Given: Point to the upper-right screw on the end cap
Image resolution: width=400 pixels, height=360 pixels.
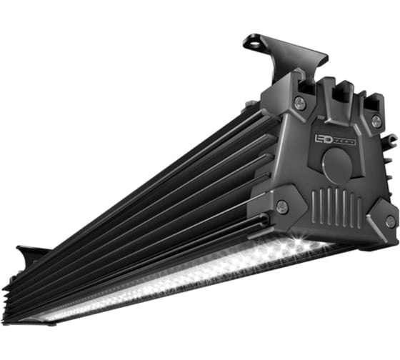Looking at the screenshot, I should [376, 121].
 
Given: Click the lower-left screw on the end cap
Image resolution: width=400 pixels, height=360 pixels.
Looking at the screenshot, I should [283, 208].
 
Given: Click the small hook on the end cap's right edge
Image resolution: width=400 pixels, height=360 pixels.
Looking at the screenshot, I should [391, 139].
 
